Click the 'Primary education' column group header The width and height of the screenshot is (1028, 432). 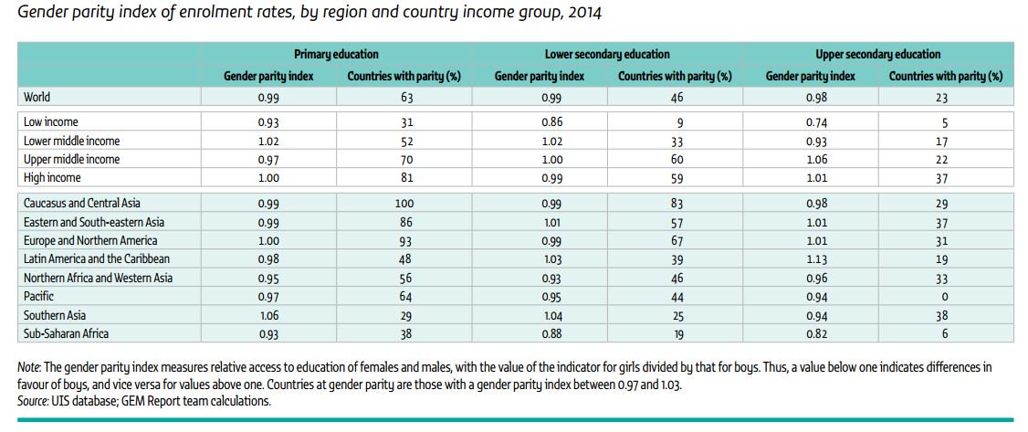coord(336,55)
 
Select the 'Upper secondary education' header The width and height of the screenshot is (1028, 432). coord(877,55)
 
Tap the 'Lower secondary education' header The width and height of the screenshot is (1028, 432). coord(607,55)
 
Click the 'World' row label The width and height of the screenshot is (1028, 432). coord(37,96)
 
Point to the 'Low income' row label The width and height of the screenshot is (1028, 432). coord(50,122)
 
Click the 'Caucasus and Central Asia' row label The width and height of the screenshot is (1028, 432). coord(82,204)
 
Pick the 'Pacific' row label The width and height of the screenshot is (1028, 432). coord(39,297)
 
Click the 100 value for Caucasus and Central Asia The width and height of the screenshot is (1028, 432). coord(404,204)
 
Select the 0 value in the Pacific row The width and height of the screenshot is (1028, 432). coord(945,297)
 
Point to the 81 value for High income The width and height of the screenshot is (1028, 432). coord(404,178)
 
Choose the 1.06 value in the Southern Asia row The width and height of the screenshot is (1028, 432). coord(268,316)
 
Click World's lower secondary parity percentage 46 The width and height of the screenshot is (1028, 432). coord(676,96)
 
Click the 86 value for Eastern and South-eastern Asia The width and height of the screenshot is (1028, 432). coord(404,222)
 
